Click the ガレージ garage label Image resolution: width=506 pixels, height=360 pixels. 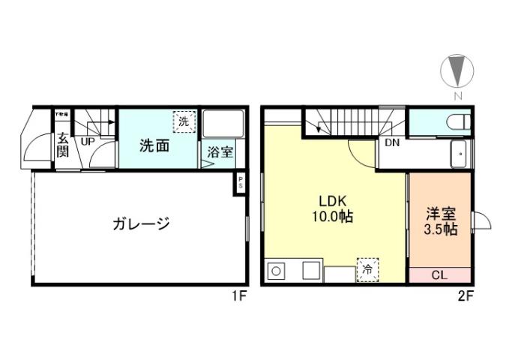click(141, 223)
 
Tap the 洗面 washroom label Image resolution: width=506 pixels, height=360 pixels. click(154, 145)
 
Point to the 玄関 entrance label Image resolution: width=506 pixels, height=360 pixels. click(63, 146)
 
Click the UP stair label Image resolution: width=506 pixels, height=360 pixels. click(88, 141)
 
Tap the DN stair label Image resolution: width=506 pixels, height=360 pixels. click(392, 142)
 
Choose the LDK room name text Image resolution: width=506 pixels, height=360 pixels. click(334, 201)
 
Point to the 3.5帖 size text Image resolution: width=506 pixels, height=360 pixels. click(440, 230)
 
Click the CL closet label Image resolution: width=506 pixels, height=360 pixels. click(439, 274)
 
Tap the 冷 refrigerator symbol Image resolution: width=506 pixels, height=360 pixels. click(367, 268)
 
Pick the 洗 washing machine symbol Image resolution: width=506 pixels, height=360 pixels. click(183, 120)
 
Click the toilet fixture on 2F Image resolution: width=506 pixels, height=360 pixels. click(455, 121)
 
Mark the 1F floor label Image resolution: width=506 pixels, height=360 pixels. click(239, 295)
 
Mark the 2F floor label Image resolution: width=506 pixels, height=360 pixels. click(466, 295)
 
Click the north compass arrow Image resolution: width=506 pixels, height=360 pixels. click(457, 71)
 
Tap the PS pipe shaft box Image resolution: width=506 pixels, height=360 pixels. click(240, 184)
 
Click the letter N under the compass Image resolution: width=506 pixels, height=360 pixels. click(457, 96)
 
